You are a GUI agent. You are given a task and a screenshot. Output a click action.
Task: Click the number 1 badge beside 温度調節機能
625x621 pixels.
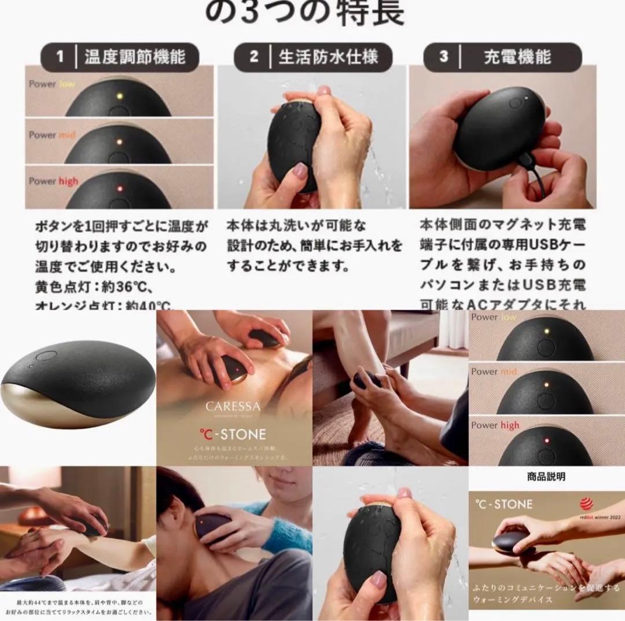click(x=60, y=57)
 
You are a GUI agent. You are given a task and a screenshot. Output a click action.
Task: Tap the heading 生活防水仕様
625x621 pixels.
click(x=328, y=57)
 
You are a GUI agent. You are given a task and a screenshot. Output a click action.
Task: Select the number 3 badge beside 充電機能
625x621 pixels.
click(x=444, y=57)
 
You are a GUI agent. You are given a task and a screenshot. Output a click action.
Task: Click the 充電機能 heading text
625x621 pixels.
click(x=517, y=57)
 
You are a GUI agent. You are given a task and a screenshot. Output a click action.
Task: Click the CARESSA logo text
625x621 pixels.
click(x=233, y=407)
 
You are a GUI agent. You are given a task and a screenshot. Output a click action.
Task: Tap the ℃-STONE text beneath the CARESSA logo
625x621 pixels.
click(x=233, y=433)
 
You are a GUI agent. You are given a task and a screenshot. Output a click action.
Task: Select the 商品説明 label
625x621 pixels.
click(x=546, y=477)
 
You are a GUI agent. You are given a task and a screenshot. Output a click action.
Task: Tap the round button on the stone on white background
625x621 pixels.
click(x=46, y=357)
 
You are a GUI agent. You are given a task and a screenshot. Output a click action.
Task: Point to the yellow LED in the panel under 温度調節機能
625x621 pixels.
click(x=117, y=96)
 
